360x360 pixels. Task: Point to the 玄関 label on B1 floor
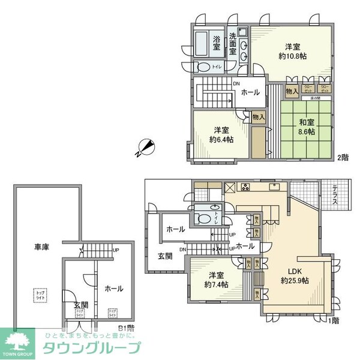tap(80, 305)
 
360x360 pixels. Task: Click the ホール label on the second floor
tap(250, 92)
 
